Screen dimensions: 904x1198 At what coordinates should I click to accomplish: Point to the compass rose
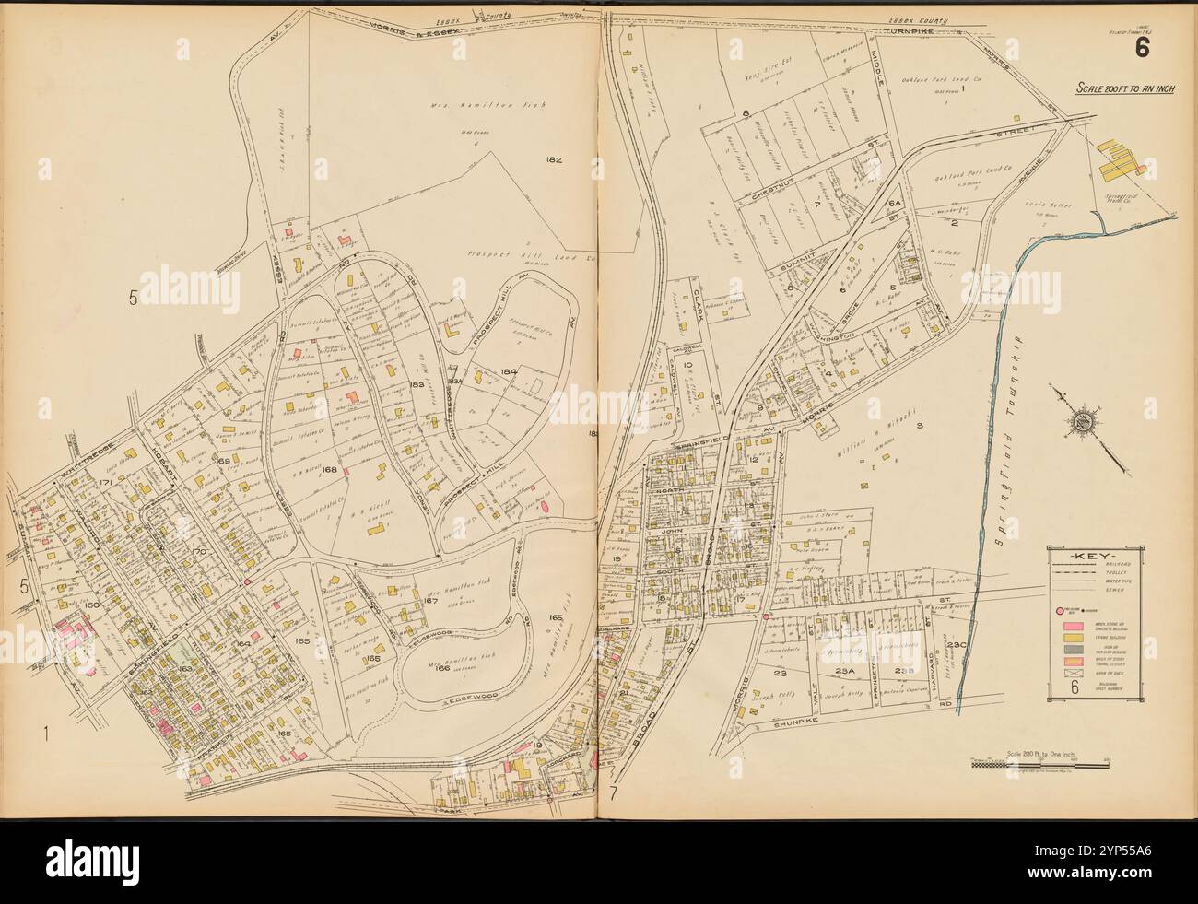click(x=1079, y=424)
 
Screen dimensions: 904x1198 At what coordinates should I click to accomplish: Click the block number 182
click(x=553, y=160)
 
